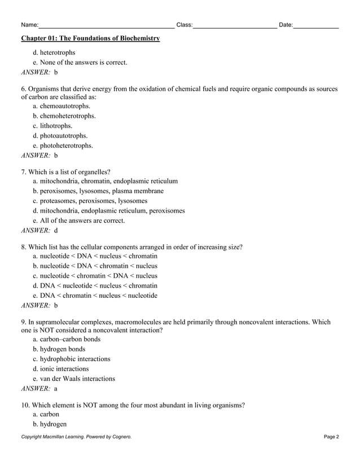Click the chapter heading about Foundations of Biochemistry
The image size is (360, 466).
[x=90, y=38]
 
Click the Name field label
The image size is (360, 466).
[x=30, y=25]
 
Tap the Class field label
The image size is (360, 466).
[x=185, y=25]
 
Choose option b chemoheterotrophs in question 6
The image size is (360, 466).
[x=64, y=116]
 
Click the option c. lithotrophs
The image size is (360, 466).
[x=52, y=126]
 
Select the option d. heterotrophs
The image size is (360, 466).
[x=54, y=52]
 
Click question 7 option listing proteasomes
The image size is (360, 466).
[x=90, y=200]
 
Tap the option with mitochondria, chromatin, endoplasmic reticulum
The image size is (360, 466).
[x=106, y=181]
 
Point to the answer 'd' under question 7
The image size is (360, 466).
[x=56, y=230]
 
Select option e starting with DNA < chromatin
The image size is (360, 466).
[x=95, y=295]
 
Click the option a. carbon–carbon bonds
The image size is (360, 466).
[x=67, y=339]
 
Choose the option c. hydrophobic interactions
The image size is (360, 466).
[x=72, y=359]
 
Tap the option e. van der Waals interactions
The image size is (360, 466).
[x=74, y=379]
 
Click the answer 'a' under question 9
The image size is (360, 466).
[x=55, y=389]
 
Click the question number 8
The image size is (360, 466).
[x=24, y=247]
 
